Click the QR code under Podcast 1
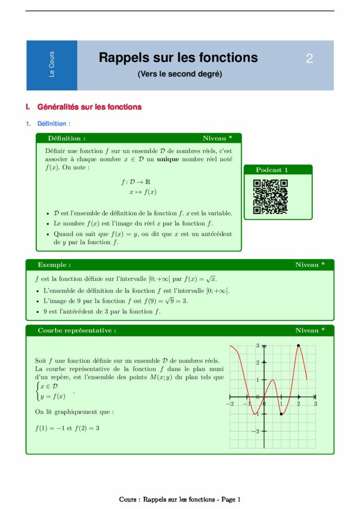[x=270, y=196]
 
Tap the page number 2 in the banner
[x=309, y=59]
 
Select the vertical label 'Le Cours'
[x=52, y=65]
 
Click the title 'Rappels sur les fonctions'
[x=178, y=58]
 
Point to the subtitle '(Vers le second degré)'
[x=180, y=75]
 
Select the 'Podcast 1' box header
[x=272, y=170]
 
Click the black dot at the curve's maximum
[x=298, y=345]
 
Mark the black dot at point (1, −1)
[x=281, y=414]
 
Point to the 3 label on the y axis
[x=258, y=345]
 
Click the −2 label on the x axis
[x=230, y=404]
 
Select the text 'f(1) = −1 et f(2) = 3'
[x=67, y=428]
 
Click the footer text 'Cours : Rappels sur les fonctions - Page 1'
[x=180, y=500]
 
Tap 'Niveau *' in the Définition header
[x=217, y=138]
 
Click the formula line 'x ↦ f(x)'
[x=143, y=192]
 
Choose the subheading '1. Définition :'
[x=49, y=123]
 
